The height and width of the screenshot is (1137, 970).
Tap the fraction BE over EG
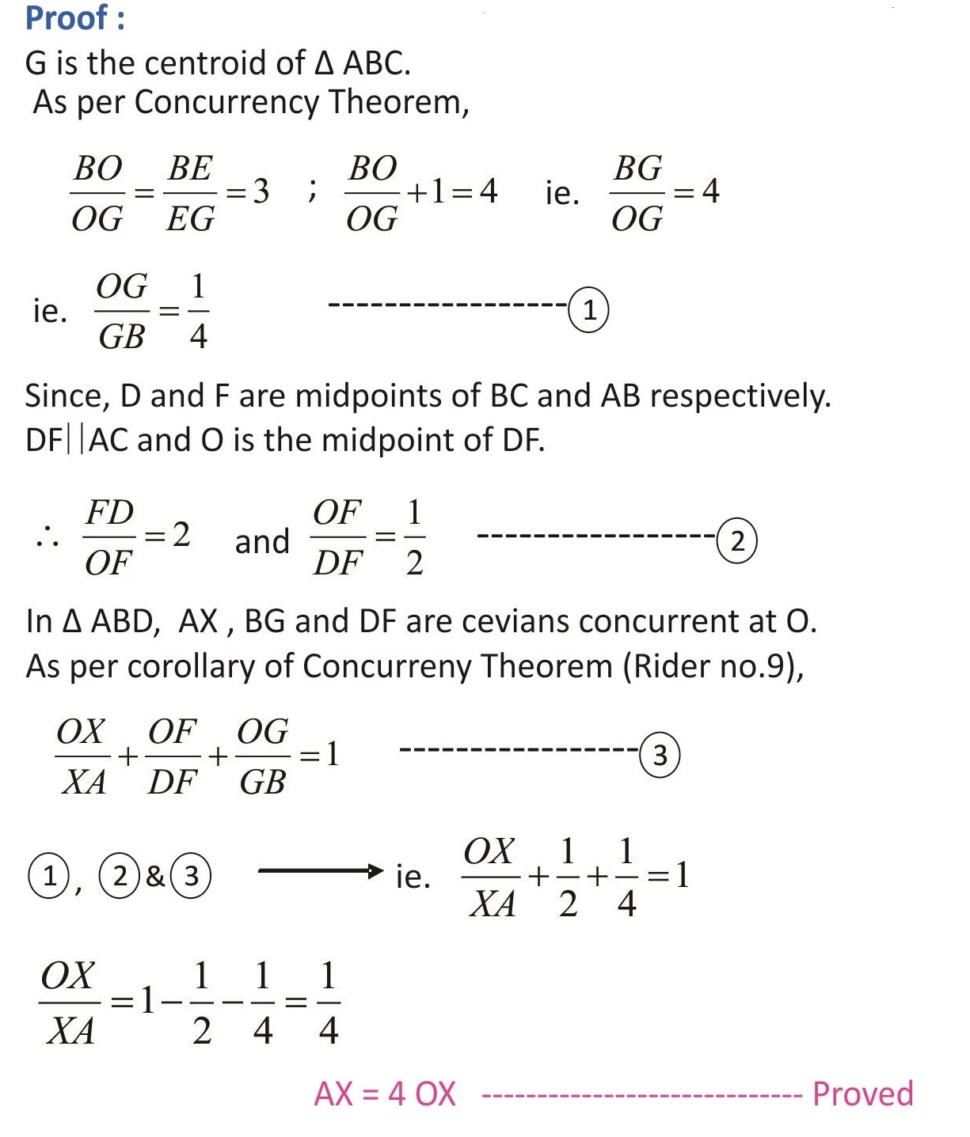click(x=190, y=193)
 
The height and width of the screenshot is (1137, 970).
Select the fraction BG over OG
click(x=637, y=193)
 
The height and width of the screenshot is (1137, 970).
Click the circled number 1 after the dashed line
click(x=588, y=311)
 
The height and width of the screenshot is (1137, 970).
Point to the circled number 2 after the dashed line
click(x=737, y=542)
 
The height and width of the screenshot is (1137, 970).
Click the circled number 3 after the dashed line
click(x=660, y=756)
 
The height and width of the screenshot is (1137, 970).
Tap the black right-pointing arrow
click(x=321, y=872)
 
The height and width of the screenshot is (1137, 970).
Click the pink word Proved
click(x=863, y=1094)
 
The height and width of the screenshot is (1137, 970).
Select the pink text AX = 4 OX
click(x=385, y=1094)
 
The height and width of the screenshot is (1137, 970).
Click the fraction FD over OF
click(x=109, y=537)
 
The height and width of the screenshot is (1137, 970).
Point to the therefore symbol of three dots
click(x=47, y=537)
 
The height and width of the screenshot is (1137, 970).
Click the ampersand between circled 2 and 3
click(x=155, y=876)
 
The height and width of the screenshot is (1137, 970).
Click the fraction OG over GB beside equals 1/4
click(x=122, y=311)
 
